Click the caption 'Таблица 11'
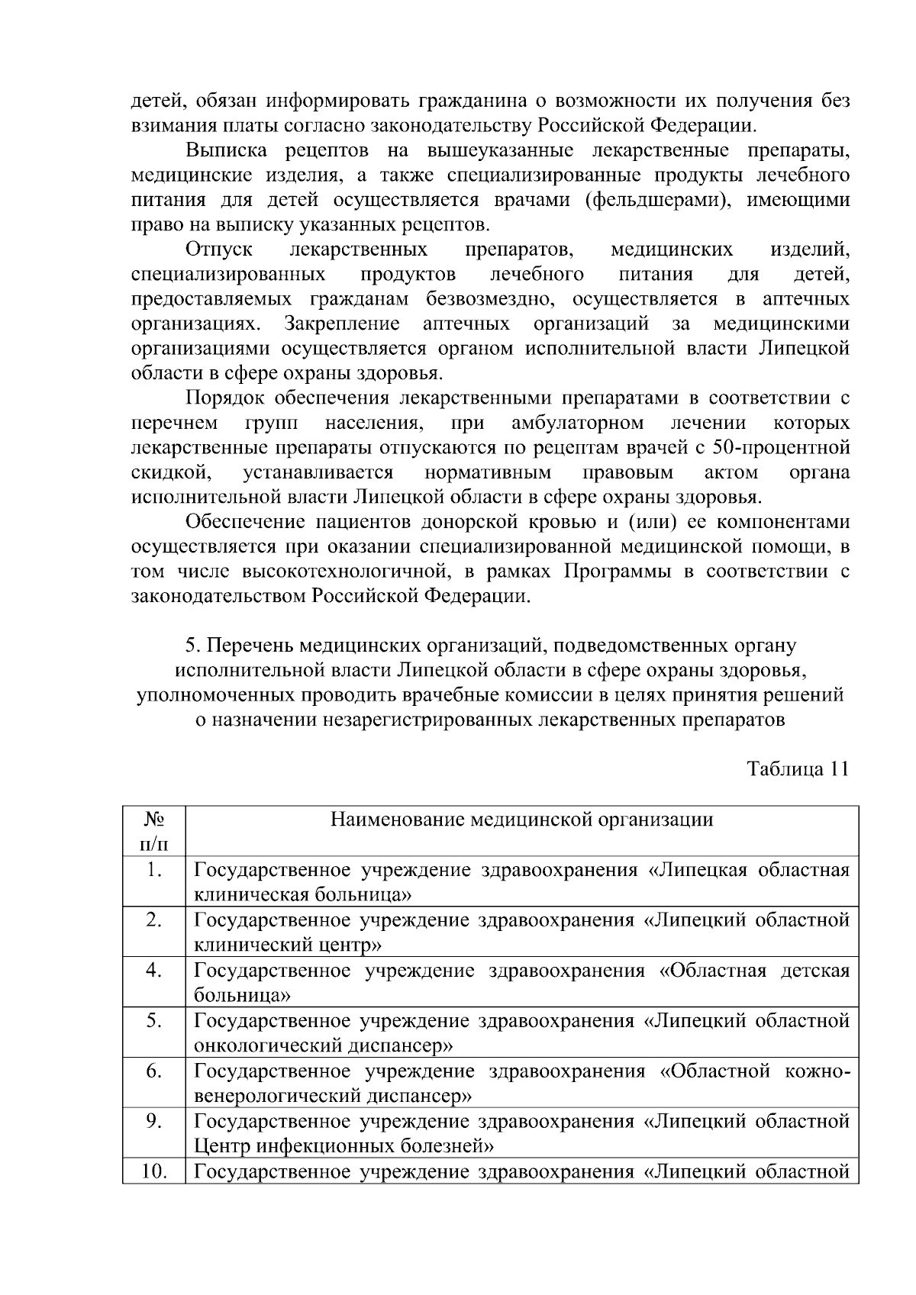798,768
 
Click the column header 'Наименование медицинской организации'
521,820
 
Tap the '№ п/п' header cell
153,831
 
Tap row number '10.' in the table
154,1171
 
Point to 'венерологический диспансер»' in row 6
332,1096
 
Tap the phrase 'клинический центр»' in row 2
289,945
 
